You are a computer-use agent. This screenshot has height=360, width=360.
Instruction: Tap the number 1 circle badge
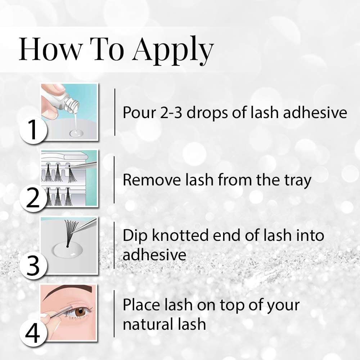[x=33, y=130]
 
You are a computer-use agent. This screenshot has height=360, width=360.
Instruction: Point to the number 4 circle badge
[x=33, y=333]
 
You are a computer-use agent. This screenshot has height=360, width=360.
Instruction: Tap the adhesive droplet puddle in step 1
[x=76, y=133]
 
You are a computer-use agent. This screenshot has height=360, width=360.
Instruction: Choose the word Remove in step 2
[x=152, y=180]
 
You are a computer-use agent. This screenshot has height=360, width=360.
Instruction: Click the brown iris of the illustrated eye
[x=80, y=312]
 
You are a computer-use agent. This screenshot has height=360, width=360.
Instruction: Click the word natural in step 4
[x=145, y=324]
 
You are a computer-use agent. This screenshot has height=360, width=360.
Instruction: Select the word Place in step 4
[x=141, y=305]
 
